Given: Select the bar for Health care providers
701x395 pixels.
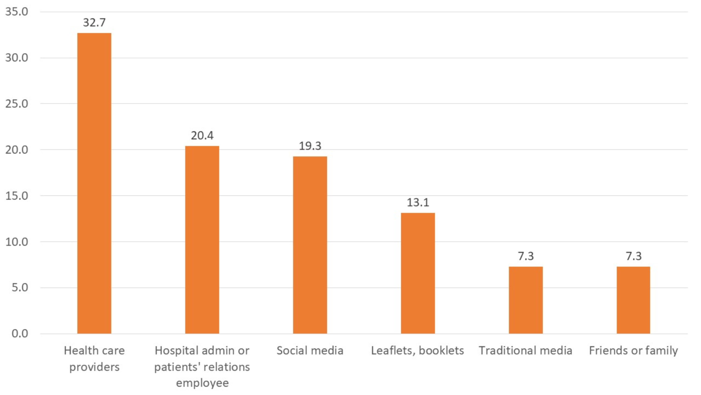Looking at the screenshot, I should (x=94, y=183).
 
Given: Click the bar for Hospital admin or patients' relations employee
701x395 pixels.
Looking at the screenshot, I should (x=202, y=240).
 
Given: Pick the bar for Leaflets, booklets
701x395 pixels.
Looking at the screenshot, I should (x=418, y=273).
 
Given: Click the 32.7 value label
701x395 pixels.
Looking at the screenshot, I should (x=94, y=23).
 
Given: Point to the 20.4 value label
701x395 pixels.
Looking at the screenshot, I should (x=202, y=135).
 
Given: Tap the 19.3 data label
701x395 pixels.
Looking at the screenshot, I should (x=310, y=146).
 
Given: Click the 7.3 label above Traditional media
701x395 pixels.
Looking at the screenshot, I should (x=526, y=256).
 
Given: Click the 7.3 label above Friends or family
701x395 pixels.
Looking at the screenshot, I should (x=633, y=256).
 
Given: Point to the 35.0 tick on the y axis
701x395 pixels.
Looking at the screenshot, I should (x=17, y=12).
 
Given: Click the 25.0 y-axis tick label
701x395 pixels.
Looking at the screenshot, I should (x=17, y=104).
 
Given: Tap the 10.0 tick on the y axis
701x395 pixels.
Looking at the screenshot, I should (x=17, y=242).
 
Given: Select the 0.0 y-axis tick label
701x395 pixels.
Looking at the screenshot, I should (x=20, y=333).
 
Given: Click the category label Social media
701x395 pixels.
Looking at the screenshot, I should (x=310, y=351).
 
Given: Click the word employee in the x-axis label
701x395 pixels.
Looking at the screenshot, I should (x=202, y=383).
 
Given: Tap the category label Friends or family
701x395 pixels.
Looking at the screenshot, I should (x=633, y=351).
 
